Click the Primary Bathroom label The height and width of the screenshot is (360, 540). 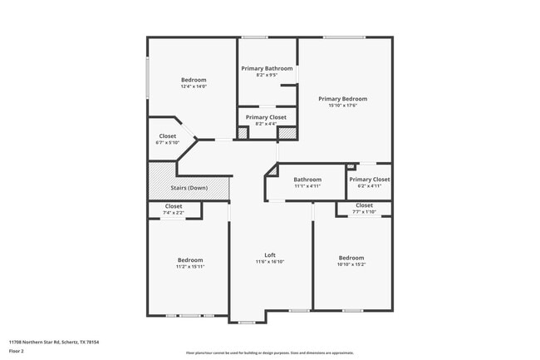(x=267, y=68)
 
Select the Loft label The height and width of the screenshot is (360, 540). (x=270, y=254)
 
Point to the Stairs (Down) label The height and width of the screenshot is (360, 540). (x=189, y=188)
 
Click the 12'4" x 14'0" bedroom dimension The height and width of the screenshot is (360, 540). (x=194, y=86)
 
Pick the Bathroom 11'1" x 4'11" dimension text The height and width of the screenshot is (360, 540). (x=307, y=185)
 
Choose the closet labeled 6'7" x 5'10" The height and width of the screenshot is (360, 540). (x=168, y=142)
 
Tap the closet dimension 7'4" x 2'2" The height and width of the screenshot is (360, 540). (x=174, y=213)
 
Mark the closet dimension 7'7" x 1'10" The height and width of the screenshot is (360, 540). (x=364, y=212)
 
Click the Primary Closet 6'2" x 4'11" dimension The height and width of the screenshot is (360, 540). (x=370, y=185)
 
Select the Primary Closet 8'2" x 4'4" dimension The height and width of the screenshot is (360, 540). (x=267, y=124)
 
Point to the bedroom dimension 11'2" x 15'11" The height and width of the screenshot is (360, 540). (x=189, y=267)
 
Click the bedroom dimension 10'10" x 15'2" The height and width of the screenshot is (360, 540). (x=351, y=264)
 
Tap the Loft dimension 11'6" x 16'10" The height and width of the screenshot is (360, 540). (x=270, y=261)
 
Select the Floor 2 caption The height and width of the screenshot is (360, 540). (x=17, y=351)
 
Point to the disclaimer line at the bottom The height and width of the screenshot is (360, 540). (x=270, y=353)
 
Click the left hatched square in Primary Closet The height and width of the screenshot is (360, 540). (x=243, y=132)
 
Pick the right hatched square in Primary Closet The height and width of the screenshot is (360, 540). (x=287, y=132)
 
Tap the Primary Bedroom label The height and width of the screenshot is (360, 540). (x=342, y=99)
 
